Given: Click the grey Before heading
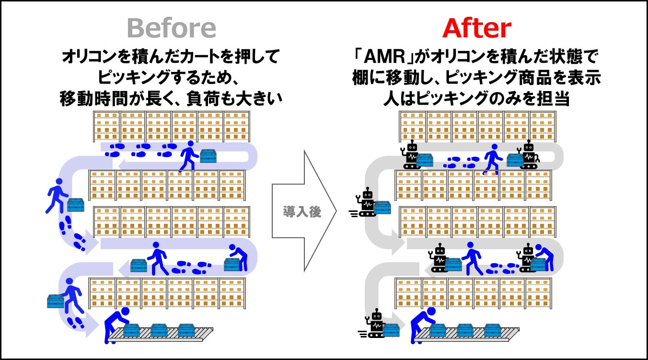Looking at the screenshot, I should (x=172, y=29).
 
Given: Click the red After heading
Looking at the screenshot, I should (x=476, y=29).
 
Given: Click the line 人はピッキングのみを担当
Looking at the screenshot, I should (x=476, y=99).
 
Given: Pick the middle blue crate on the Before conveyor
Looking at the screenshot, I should (x=159, y=330).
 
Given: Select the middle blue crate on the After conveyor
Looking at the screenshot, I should (x=465, y=330).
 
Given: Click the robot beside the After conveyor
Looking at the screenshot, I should (x=376, y=324).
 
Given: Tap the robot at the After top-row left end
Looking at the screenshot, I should (x=411, y=155).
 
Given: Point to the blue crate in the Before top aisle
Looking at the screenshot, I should (x=208, y=156).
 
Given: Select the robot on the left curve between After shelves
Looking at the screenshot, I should (x=368, y=202).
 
